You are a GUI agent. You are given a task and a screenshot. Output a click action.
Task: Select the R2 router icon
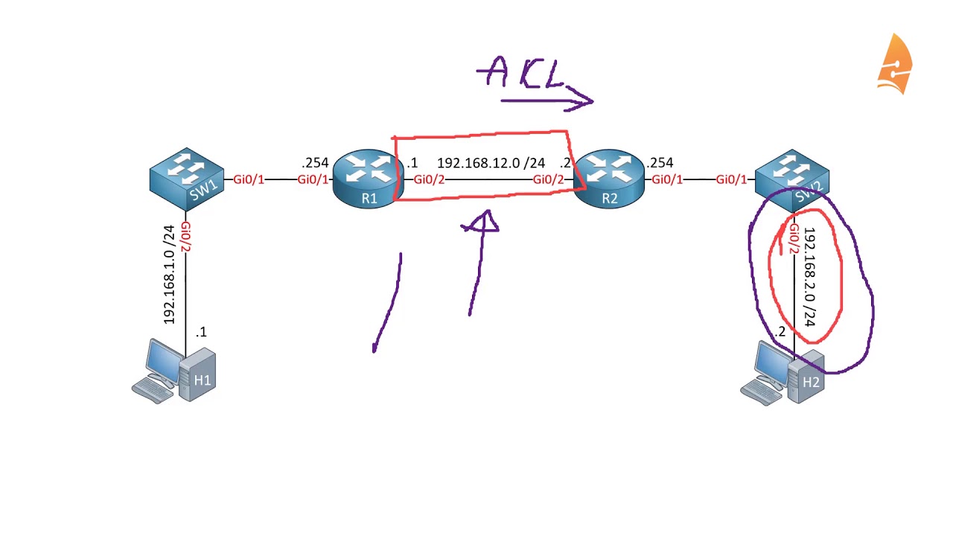coord(609,179)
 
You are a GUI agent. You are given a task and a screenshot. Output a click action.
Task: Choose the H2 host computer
coord(785,373)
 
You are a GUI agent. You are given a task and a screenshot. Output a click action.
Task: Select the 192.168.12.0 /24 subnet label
coord(491,163)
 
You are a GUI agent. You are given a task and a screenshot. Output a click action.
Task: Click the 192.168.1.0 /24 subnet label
coord(170,274)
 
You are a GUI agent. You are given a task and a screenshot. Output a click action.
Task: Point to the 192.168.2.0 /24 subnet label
coord(810,277)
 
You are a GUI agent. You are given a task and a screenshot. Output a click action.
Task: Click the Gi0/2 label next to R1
coord(429,179)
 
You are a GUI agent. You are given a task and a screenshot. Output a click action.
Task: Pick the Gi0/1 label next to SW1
coord(249,179)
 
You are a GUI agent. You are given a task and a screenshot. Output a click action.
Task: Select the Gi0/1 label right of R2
coord(667,179)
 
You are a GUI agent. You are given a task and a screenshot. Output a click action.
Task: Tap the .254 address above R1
coord(315,162)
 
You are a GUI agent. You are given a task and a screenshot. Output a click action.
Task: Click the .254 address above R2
coord(660,162)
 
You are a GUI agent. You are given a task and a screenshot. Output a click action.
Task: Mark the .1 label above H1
coord(201,332)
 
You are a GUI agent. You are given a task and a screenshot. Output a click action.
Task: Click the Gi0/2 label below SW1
coord(185,236)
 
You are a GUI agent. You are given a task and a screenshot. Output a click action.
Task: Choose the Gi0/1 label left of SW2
coord(732,179)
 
